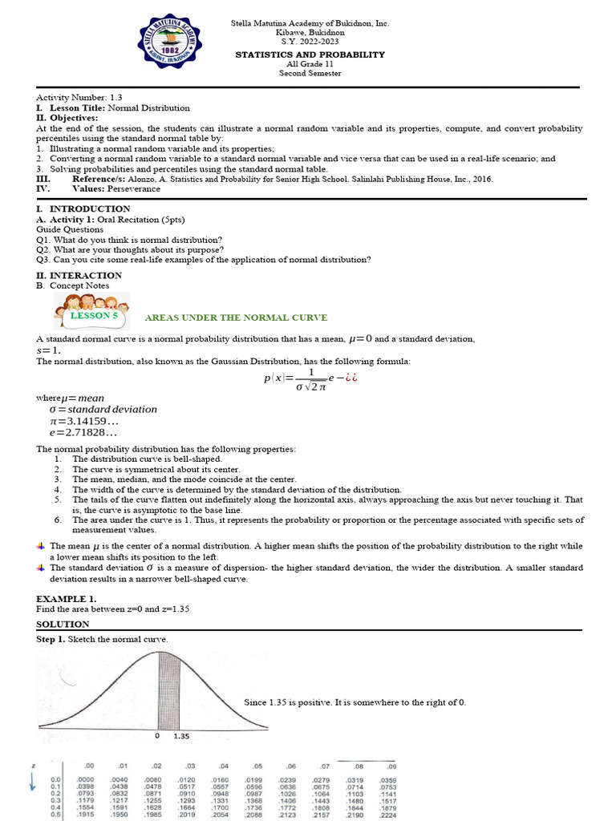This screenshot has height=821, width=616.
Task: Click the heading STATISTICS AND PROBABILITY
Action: (x=310, y=55)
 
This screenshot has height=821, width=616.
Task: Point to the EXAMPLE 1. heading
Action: (x=67, y=599)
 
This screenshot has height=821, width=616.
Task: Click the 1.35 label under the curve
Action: (x=181, y=735)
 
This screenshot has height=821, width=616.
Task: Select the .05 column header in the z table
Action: (x=257, y=766)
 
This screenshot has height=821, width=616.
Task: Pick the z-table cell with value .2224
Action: (x=387, y=815)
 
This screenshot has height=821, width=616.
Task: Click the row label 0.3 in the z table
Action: (x=55, y=800)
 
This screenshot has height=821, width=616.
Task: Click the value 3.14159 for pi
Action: (x=91, y=421)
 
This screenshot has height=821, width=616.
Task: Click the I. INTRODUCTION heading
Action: (x=79, y=208)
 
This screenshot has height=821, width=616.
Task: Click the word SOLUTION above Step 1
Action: (x=63, y=624)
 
